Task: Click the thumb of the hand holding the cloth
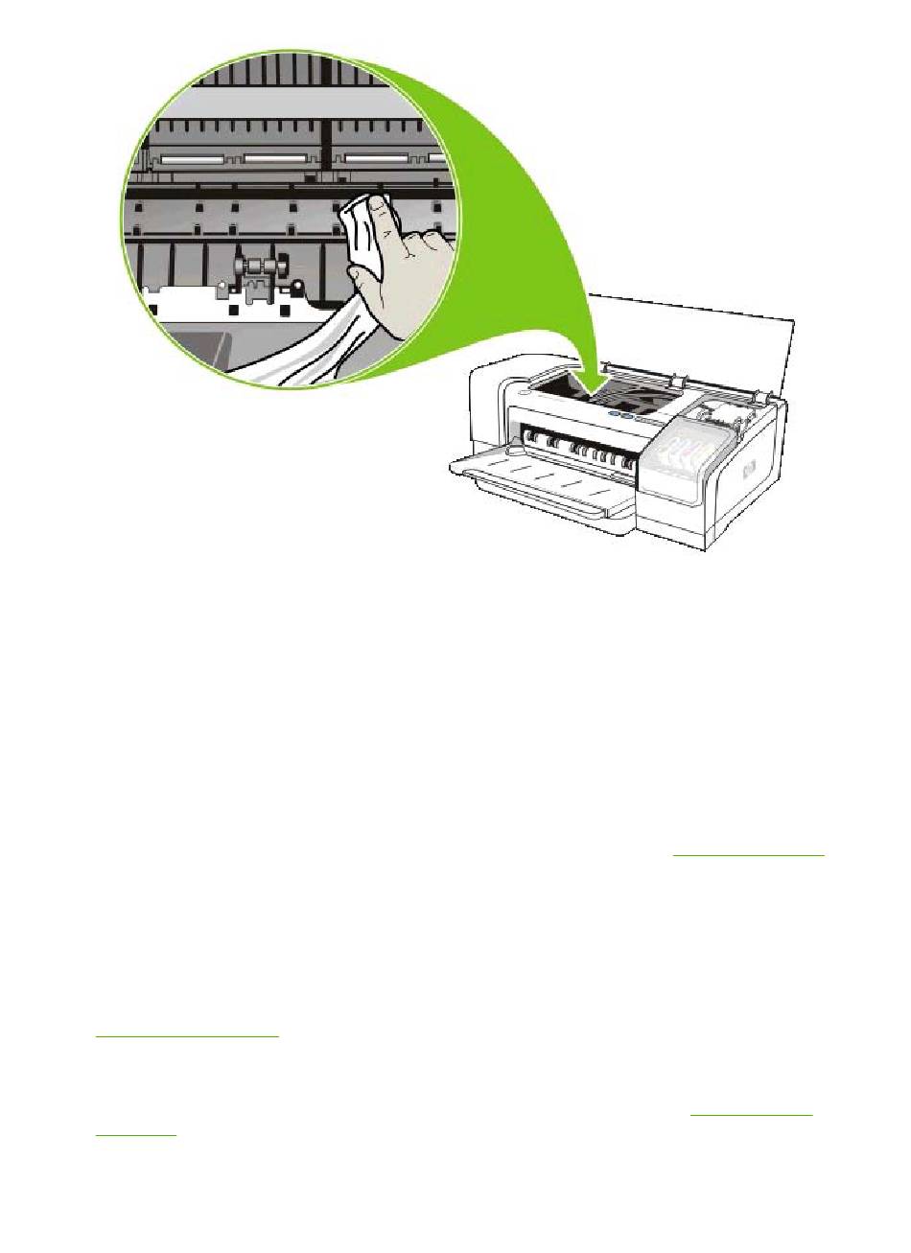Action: [x=369, y=278]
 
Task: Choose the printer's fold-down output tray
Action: [x=537, y=479]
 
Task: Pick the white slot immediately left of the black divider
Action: [x=278, y=157]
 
